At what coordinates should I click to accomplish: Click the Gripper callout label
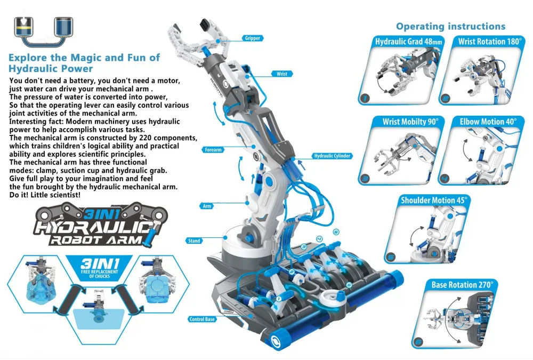click(x=252, y=38)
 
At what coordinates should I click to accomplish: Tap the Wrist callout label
click(x=281, y=74)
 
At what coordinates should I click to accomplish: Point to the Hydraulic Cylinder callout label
click(x=332, y=156)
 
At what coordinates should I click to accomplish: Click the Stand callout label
click(x=195, y=241)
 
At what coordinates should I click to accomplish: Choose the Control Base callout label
click(x=201, y=319)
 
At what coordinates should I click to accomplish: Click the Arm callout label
click(x=207, y=205)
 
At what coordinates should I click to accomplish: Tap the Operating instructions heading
click(x=450, y=26)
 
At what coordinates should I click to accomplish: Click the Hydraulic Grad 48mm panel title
click(x=401, y=42)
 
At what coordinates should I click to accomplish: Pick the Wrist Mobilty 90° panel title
click(x=410, y=122)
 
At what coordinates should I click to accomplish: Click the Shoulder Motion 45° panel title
click(x=434, y=200)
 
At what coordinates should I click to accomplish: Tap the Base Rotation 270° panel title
click(x=462, y=285)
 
